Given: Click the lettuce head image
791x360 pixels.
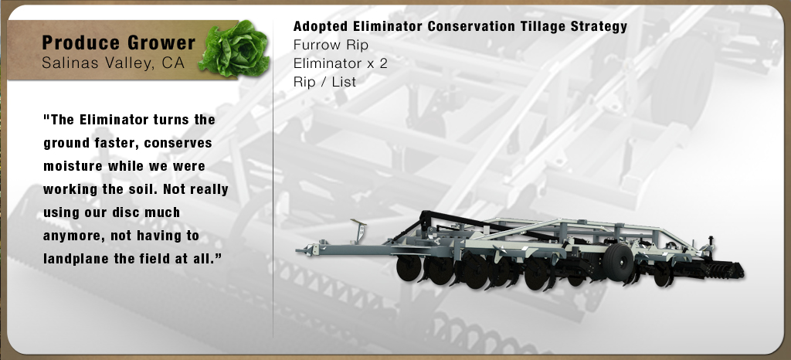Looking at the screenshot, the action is click(x=235, y=49).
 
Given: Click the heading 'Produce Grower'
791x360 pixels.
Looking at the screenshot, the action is click(x=118, y=42).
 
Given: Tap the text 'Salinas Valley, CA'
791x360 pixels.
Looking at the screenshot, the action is click(x=114, y=63).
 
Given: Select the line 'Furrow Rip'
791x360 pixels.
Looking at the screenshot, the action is click(x=331, y=45).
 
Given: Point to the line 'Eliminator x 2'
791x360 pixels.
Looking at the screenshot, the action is click(x=341, y=63).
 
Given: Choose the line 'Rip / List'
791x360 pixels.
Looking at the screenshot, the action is click(x=325, y=82).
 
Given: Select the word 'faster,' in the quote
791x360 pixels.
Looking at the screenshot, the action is click(x=117, y=143).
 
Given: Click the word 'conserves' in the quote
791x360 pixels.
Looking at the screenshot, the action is click(x=178, y=143).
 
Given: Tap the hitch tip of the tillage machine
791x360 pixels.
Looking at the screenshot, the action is click(x=299, y=250).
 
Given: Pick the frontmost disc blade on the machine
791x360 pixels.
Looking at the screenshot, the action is click(x=408, y=268).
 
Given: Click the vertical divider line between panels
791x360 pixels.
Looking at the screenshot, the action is click(x=273, y=179).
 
